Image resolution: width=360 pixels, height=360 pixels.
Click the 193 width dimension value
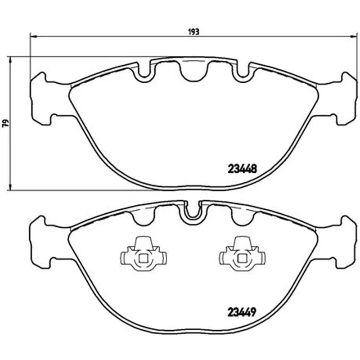pyautogui.click(x=194, y=32)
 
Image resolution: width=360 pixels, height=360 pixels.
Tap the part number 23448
pyautogui.click(x=242, y=169)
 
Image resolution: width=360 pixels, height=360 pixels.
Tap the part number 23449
pyautogui.click(x=242, y=312)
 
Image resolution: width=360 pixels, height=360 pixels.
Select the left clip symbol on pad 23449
pyautogui.click(x=144, y=254)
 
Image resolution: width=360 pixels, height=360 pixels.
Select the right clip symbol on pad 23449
pyautogui.click(x=242, y=254)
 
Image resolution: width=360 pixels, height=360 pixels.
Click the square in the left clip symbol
pyautogui.click(x=143, y=259)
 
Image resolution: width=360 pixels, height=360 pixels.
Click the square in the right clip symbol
pyautogui.click(x=242, y=259)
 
